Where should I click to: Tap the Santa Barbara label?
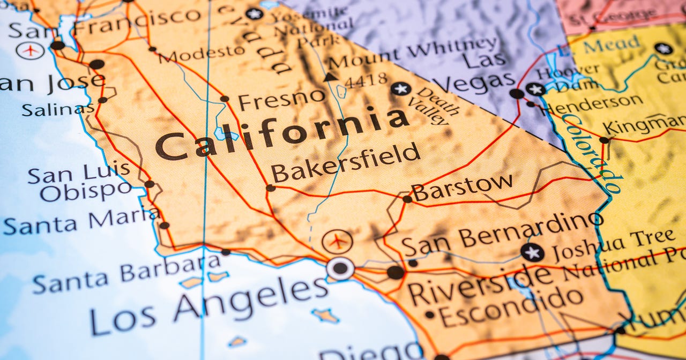click(126, 273)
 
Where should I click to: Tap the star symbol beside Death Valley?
click(400, 88)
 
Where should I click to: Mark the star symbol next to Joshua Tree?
click(532, 252)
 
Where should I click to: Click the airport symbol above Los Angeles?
click(338, 242)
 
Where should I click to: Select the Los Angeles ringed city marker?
click(340, 268)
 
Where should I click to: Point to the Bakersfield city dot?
click(270, 188)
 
